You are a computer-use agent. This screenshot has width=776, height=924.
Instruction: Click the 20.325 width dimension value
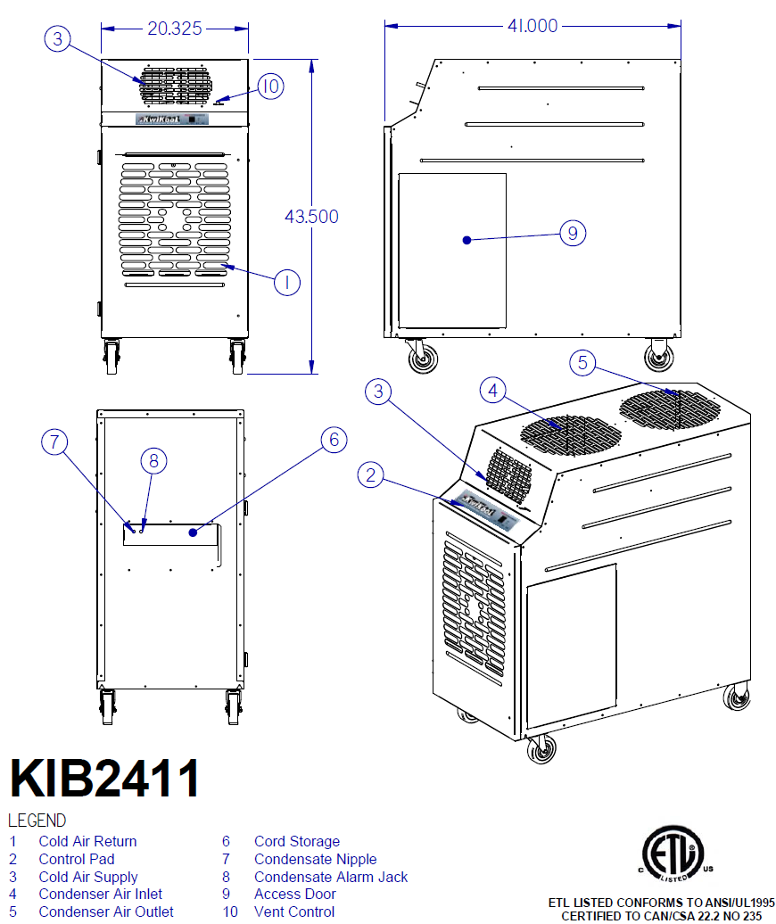pos(175,29)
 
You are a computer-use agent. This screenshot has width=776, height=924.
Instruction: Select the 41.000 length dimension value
pos(532,26)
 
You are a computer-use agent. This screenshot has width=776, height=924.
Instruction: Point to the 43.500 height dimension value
pos(311,217)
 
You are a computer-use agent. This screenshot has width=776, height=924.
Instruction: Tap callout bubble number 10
pos(270,86)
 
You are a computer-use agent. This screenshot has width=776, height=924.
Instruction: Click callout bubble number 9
pos(572,234)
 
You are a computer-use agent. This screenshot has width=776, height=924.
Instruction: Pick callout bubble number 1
pos(286,283)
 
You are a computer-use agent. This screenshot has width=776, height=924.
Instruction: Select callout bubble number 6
pos(334,440)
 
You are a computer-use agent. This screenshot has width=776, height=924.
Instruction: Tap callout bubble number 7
pos(55,441)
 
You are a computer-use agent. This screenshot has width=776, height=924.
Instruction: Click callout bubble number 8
pos(153,460)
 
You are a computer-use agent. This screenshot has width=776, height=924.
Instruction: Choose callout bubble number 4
pos(493,390)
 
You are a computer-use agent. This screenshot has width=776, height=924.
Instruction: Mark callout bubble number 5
pos(582,362)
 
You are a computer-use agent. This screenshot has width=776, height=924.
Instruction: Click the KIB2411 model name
pos(104,779)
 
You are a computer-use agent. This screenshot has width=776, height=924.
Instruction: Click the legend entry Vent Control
pos(294,912)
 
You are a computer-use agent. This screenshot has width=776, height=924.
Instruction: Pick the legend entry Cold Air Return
pos(87,841)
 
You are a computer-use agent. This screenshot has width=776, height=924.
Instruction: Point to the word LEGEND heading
pos(37,821)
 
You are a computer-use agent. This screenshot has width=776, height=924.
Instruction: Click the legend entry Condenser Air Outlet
pos(106,912)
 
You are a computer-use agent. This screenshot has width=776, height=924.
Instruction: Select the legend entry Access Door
pos(295,894)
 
